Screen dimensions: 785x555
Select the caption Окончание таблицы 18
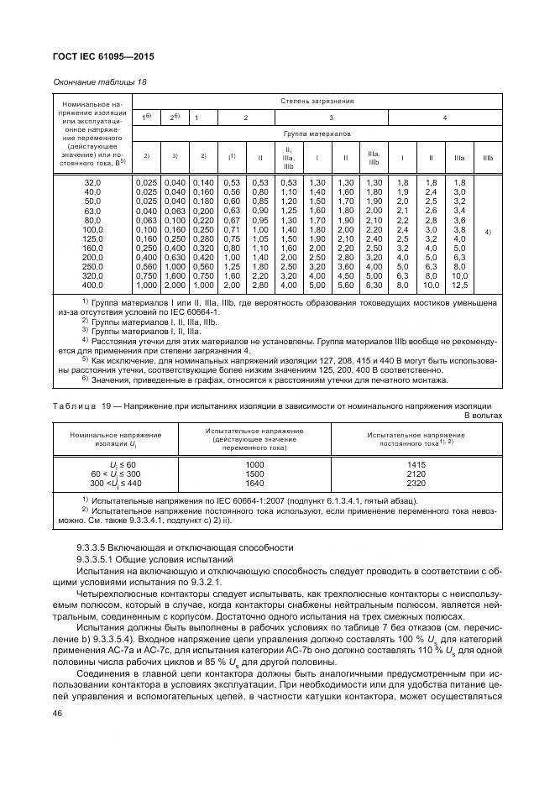pyautogui.click(x=105, y=81)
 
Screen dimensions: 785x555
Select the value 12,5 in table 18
pyautogui.click(x=458, y=285)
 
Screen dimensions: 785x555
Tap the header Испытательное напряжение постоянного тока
pyautogui.click(x=415, y=439)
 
